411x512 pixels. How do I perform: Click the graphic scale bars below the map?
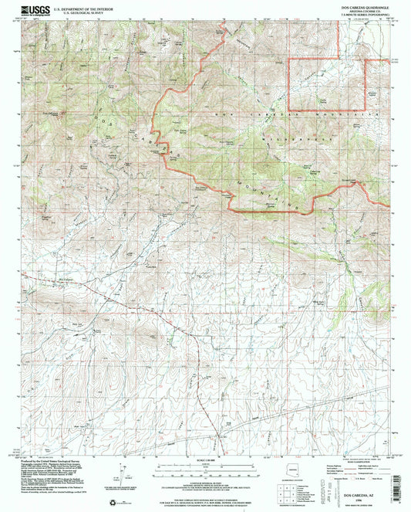coord(204,470)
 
